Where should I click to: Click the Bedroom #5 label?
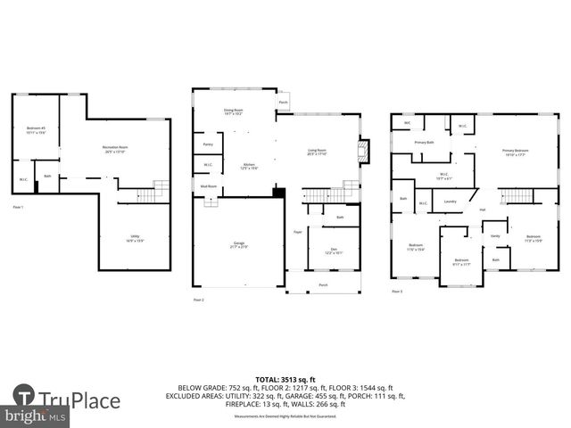tap(36, 130)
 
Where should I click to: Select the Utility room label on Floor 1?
tap(134, 237)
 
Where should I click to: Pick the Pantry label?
tap(208, 144)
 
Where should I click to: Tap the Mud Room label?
tap(208, 186)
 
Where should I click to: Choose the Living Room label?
tap(317, 152)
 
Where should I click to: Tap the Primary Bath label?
tap(424, 143)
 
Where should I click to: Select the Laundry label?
tap(451, 202)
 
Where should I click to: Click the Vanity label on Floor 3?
tap(495, 235)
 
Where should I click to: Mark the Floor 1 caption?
tap(18, 208)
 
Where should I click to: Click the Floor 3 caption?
tap(397, 291)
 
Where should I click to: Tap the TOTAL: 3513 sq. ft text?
tap(285, 380)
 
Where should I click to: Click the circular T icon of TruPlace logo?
tap(24, 396)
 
